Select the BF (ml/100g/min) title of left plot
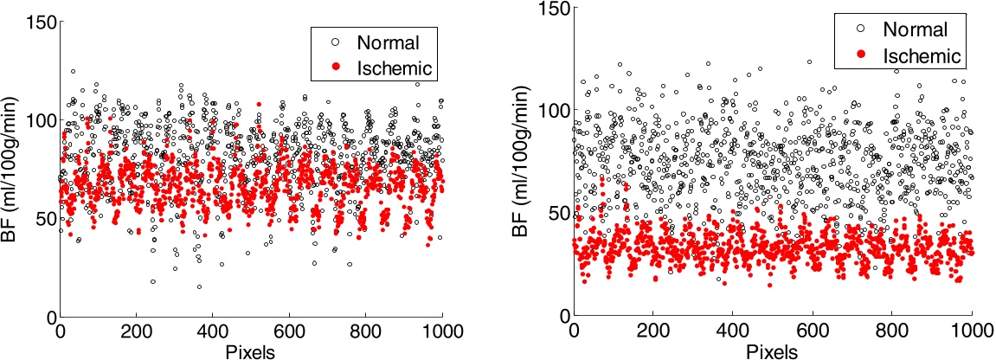tap(11, 169)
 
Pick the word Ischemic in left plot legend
tap(396, 67)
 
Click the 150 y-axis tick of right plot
tap(551, 10)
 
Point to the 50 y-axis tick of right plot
tap(556, 213)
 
